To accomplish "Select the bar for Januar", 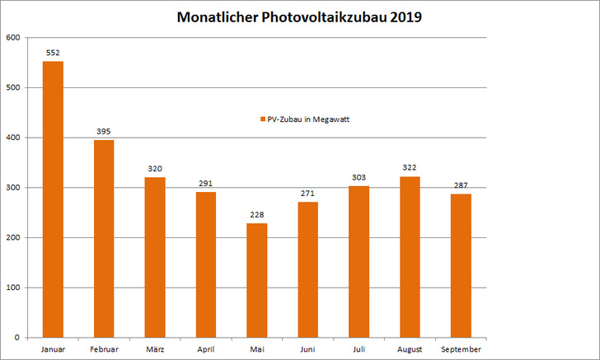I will tap(53, 199).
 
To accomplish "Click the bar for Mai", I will tap(257, 280).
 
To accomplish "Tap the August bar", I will tap(410, 256).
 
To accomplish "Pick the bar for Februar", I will tap(104, 238).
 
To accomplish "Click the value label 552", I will tap(53, 53).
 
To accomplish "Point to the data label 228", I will tap(257, 215).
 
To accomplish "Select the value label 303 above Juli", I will tap(359, 178).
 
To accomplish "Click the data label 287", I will tap(461, 186).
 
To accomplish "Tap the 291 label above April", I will tap(206, 184).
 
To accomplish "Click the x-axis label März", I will tap(155, 349).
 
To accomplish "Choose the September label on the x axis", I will tap(461, 349).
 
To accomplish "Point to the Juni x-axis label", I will tap(307, 349).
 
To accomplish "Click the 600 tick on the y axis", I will tap(13, 38).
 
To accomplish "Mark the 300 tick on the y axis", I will tap(13, 188).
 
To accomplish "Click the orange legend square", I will tap(263, 119).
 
